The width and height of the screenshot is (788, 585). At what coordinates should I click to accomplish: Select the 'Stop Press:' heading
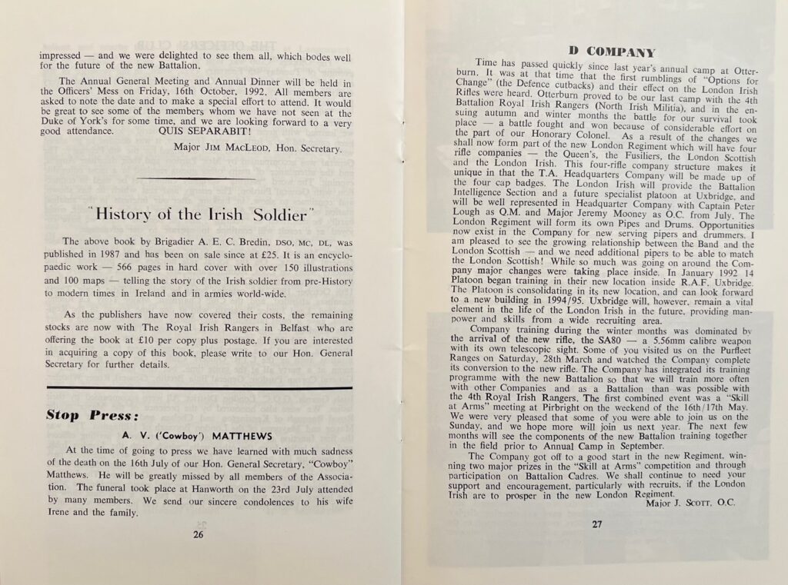click(x=92, y=416)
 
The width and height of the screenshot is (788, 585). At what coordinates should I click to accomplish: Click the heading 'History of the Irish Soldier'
click(x=199, y=211)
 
